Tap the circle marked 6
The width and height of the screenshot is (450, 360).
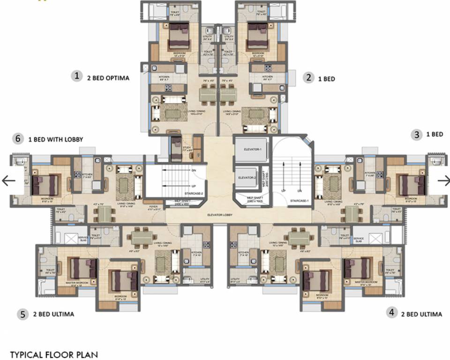point(18,139)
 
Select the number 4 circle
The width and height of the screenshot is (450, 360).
point(392,312)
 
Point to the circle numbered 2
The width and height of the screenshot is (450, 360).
point(308,78)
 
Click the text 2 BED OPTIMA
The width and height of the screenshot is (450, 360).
point(108,78)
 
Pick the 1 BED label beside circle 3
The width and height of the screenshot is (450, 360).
point(434,135)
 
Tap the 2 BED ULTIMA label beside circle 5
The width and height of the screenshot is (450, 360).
point(53,314)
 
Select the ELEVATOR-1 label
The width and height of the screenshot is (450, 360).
point(252,150)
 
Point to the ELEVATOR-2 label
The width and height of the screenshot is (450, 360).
point(246,178)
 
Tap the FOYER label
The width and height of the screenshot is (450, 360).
point(153,206)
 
